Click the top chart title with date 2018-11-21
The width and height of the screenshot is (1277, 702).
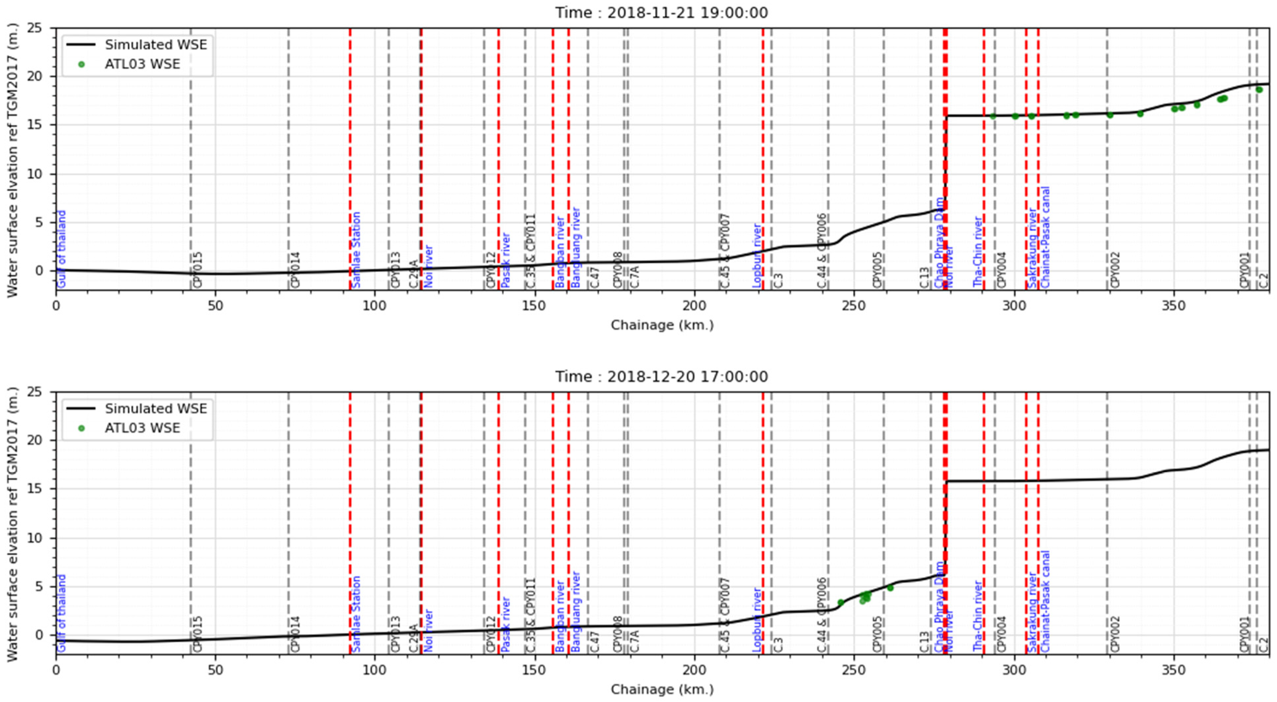(661, 12)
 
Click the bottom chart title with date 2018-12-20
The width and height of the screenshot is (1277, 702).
(661, 377)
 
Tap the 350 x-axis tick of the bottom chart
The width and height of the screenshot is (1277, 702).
(1174, 670)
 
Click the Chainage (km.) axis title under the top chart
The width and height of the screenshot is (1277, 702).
(662, 325)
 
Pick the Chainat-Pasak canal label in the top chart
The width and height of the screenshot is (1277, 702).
(1045, 237)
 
